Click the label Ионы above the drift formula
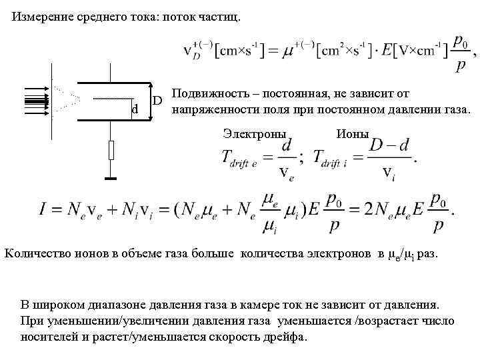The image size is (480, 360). pyautogui.click(x=353, y=133)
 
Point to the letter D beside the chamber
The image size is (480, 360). pyautogui.click(x=158, y=100)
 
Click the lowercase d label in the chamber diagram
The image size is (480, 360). pyautogui.click(x=135, y=109)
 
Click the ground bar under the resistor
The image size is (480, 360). pyautogui.click(x=111, y=178)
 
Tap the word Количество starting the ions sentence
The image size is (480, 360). pyautogui.click(x=36, y=253)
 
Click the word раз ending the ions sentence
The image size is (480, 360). pyautogui.click(x=427, y=254)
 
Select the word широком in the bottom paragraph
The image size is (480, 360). pyautogui.click(x=64, y=305)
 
